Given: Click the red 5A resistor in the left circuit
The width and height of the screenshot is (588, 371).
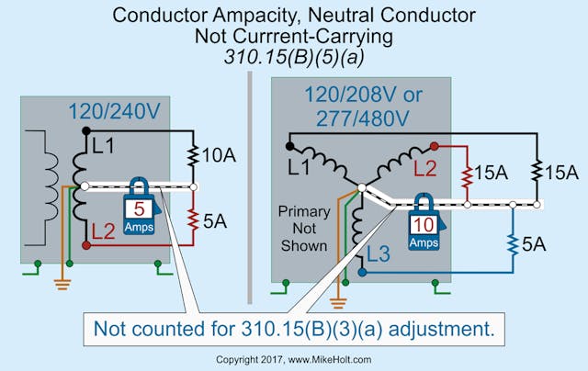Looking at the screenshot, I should tap(194, 219).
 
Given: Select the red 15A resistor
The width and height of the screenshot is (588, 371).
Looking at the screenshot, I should tap(468, 173).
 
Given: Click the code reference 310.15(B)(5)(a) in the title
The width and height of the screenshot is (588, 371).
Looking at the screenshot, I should tap(294, 57).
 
